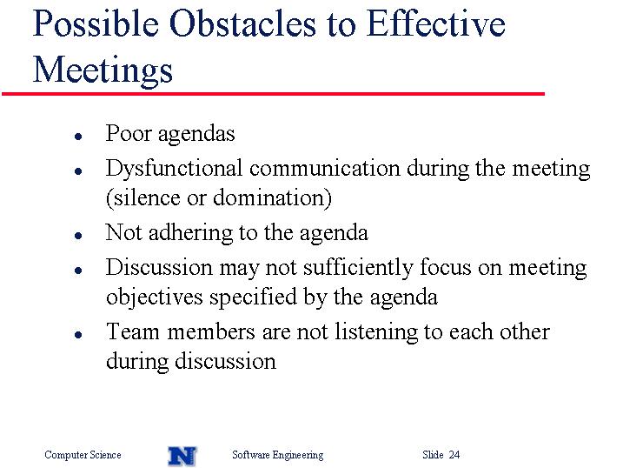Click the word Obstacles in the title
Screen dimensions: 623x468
[242, 23]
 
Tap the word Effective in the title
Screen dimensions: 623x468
[435, 23]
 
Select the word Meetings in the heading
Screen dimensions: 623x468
[103, 70]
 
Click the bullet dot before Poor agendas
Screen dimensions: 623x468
[78, 137]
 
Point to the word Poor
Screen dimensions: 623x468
[129, 133]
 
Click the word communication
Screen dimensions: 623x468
[325, 168]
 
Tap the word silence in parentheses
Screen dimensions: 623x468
[146, 197]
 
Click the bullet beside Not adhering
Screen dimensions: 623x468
[78, 236]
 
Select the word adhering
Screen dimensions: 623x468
[190, 233]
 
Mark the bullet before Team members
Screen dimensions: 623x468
[78, 334]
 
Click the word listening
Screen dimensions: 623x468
[375, 332]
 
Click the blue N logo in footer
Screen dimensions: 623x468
[182, 456]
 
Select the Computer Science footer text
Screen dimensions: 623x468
[83, 455]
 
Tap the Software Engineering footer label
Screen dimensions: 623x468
[278, 455]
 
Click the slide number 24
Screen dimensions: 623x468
[454, 454]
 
